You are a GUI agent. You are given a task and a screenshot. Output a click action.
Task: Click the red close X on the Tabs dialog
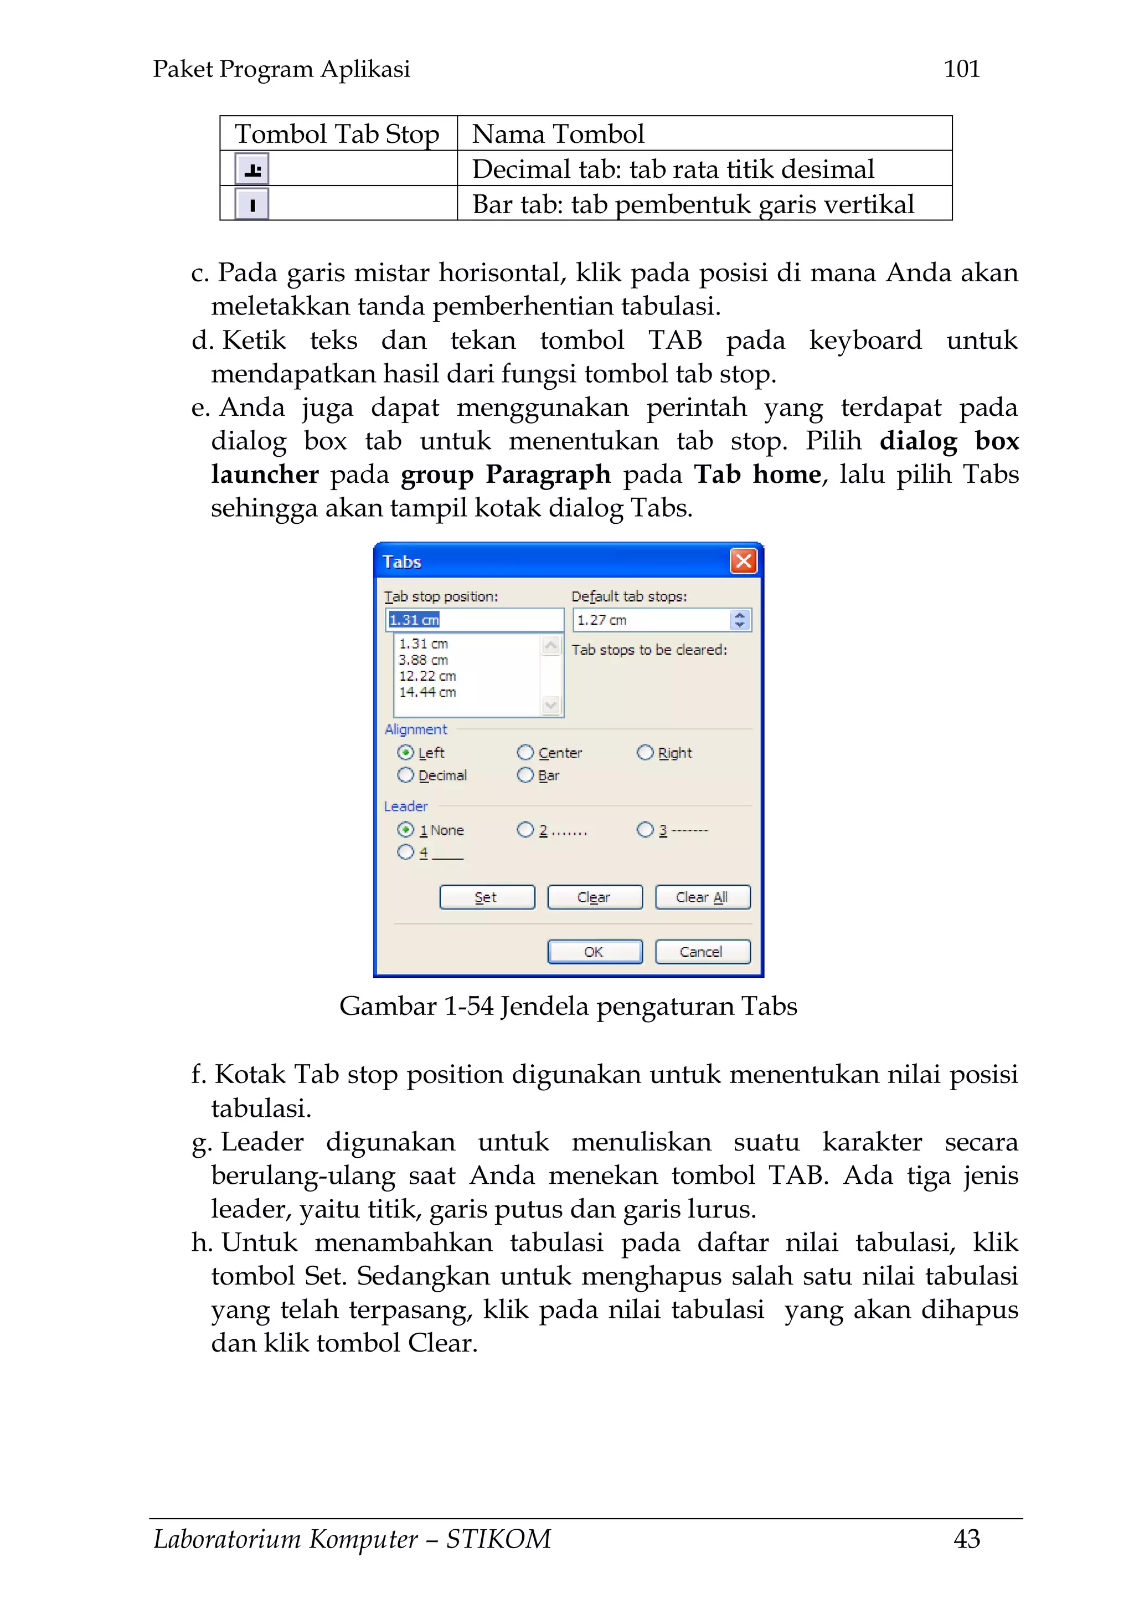(744, 561)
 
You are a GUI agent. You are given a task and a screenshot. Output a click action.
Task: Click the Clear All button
(702, 897)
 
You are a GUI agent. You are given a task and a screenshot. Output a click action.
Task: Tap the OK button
(594, 952)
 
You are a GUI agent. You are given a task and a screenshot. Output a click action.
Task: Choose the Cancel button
(702, 952)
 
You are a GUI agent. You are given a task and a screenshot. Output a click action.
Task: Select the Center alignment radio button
(525, 752)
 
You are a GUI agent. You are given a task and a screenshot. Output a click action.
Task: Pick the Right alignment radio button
(645, 752)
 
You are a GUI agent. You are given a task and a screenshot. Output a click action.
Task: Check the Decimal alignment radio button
(405, 775)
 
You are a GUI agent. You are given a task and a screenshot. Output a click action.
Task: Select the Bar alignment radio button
(525, 775)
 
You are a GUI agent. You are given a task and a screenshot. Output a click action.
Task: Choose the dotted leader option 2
(525, 830)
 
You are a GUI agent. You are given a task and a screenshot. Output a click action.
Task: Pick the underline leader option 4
(405, 852)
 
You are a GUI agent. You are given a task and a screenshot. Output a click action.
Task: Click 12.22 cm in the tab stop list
(427, 676)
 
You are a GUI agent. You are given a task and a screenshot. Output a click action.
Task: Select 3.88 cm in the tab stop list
(424, 660)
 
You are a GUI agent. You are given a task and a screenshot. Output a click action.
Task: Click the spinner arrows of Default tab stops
(739, 620)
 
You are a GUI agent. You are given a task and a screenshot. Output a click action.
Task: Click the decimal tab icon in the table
(252, 169)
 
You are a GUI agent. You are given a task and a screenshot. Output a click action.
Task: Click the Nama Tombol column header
(558, 134)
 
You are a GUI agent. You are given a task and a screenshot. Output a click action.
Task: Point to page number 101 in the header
(962, 69)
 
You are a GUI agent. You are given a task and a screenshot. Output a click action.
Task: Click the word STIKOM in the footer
(498, 1539)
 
